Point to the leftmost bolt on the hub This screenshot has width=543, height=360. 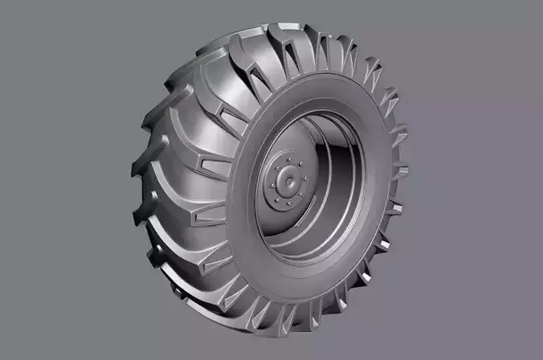coord(268,186)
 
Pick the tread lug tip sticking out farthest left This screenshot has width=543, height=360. coord(133,170)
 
